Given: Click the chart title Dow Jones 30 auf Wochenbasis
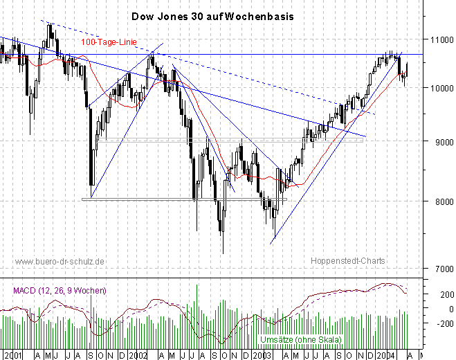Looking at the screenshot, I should [x=211, y=15].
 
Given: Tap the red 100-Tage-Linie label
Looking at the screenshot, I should [x=109, y=42].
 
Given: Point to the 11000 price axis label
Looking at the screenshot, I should [x=437, y=41].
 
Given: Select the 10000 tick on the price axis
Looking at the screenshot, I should [x=437, y=89].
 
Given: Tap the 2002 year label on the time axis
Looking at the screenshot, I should [x=137, y=354].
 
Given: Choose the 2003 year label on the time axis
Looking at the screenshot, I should [x=261, y=354].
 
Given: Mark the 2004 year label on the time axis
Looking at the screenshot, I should [x=385, y=354].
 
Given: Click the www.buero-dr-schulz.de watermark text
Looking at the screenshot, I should [x=60, y=261].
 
